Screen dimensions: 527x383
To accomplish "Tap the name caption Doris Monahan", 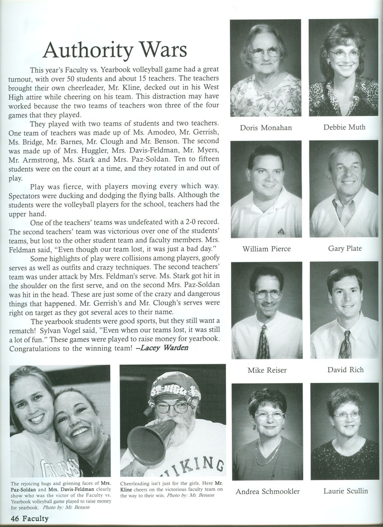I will [266, 128].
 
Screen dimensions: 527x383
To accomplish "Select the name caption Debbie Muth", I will [344, 127].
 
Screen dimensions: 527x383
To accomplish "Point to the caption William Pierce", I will [267, 249].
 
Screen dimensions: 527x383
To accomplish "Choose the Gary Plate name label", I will [345, 248].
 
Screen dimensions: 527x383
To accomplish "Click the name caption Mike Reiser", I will [267, 370].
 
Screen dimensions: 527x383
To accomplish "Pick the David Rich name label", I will [346, 369].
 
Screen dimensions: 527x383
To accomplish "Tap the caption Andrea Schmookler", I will [268, 492].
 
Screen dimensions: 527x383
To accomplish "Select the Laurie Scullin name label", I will [346, 491].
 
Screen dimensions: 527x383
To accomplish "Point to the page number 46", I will [15, 518].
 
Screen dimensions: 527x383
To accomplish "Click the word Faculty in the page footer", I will [35, 518].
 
